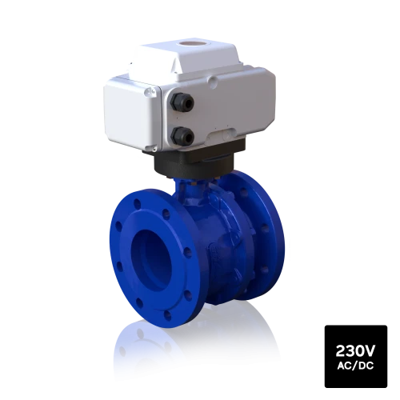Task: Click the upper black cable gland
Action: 182,102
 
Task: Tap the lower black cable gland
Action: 182,136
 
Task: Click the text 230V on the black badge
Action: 355,350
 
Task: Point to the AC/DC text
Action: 355,366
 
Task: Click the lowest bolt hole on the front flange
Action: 167,315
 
